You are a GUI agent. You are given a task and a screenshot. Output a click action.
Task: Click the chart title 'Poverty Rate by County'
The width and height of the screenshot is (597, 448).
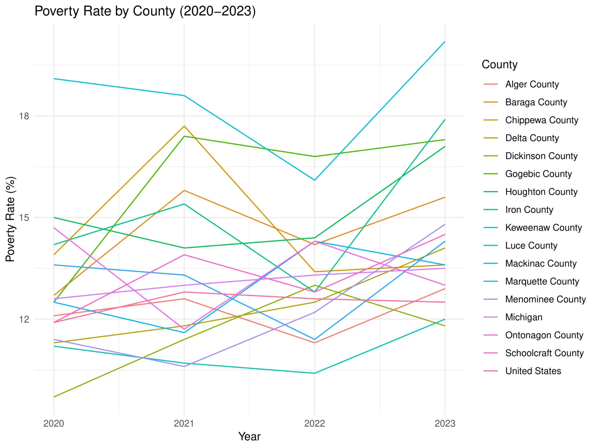[145, 11]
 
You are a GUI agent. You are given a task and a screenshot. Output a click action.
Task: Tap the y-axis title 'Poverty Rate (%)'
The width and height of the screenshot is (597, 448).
[10, 219]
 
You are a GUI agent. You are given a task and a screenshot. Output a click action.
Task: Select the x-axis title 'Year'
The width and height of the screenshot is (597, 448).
[249, 436]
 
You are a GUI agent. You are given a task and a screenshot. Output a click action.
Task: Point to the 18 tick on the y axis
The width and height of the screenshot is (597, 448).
[24, 116]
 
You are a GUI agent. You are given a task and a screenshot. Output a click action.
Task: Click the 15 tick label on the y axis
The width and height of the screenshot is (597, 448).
[24, 217]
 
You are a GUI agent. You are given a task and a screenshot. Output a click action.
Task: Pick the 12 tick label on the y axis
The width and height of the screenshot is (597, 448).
[24, 319]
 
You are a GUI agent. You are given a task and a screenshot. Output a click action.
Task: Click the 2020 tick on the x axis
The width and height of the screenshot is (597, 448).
[54, 423]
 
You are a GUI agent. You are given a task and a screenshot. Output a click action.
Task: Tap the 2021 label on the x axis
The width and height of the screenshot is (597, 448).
[184, 423]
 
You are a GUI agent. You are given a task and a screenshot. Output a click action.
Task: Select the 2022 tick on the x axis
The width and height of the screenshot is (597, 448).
[314, 423]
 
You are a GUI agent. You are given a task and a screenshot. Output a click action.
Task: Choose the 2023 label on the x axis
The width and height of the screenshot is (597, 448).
[445, 423]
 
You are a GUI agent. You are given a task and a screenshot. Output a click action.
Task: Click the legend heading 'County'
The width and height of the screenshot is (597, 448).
[499, 65]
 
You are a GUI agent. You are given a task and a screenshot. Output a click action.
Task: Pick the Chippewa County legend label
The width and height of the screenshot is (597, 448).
[541, 120]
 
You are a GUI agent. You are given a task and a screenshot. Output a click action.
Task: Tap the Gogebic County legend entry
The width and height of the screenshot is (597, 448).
[538, 174]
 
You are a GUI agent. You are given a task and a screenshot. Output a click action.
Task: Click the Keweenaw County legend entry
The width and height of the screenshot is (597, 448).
[543, 228]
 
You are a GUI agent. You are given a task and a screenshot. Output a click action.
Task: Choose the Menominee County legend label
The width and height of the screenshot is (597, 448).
[545, 299]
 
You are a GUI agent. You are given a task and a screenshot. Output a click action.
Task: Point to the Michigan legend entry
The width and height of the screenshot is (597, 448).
[524, 317]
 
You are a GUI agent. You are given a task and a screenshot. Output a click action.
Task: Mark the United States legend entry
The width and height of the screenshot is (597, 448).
[533, 371]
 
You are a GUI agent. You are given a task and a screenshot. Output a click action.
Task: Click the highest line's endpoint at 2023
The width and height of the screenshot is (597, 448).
[445, 41]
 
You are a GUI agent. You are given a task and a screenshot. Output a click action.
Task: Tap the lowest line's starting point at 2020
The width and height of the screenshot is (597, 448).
[54, 397]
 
